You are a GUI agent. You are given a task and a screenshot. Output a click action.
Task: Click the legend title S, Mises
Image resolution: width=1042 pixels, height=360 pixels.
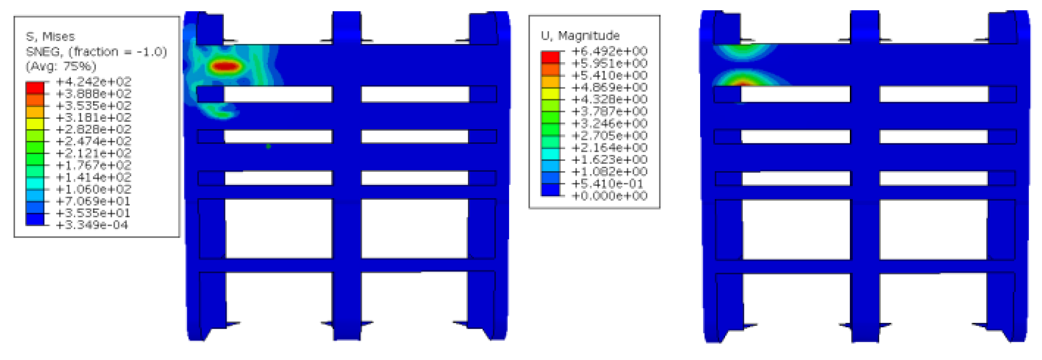tap(50, 37)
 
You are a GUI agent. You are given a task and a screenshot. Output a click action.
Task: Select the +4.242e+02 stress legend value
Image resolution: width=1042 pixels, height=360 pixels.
tap(94, 82)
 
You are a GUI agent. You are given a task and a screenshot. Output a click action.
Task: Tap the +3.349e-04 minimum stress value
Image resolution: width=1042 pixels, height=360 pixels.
tap(92, 225)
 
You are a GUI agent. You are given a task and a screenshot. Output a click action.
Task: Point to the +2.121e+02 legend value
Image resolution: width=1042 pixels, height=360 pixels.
tap(94, 153)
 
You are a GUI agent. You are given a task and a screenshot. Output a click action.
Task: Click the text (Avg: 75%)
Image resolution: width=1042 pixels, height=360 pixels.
tap(61, 66)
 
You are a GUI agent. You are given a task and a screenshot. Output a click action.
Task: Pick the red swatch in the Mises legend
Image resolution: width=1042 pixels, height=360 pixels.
tap(35, 88)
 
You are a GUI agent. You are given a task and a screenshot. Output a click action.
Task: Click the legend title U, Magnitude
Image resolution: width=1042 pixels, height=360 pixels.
tap(580, 36)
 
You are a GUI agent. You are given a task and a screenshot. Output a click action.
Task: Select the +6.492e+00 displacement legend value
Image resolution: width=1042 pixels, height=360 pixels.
tap(610, 51)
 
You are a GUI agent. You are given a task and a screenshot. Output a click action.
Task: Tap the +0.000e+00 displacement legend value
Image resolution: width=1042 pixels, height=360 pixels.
tap(610, 196)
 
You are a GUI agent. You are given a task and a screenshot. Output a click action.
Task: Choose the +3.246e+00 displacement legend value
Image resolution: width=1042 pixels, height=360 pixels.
tap(610, 123)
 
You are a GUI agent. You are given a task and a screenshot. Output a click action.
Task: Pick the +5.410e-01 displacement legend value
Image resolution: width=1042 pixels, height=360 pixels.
tap(610, 183)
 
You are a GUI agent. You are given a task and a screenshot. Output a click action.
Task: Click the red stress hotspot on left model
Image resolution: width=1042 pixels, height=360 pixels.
tap(225, 66)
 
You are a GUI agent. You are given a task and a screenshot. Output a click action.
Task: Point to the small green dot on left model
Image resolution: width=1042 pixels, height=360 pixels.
tap(268, 146)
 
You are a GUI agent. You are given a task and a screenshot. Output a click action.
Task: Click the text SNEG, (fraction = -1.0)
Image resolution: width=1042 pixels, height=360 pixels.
tap(96, 51)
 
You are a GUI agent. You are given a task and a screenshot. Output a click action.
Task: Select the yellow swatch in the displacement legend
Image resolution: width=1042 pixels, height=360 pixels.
tap(550, 93)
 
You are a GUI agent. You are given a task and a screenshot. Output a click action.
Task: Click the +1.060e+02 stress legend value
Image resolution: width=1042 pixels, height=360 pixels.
tap(94, 189)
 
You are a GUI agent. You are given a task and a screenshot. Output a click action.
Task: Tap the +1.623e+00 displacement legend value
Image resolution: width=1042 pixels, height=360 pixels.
tap(610, 159)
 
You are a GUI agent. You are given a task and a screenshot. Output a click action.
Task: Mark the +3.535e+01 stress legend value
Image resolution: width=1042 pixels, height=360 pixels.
tap(94, 213)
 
